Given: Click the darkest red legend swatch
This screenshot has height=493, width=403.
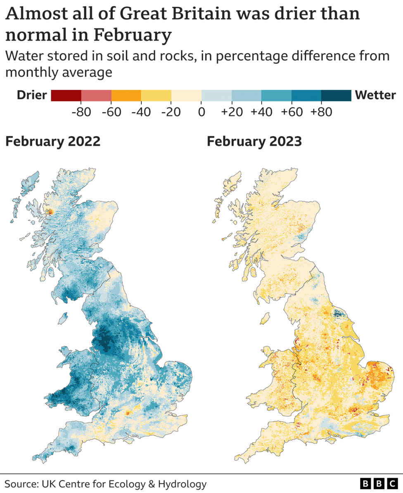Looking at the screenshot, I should (66, 95).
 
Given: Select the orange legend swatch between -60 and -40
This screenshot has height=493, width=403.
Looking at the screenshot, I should (126, 95).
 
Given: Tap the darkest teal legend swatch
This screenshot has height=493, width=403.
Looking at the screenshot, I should (336, 95).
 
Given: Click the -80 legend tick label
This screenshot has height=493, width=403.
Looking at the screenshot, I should (81, 112).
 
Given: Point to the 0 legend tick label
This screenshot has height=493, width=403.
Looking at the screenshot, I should (201, 112).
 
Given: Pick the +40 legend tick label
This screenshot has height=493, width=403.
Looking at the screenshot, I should (261, 112).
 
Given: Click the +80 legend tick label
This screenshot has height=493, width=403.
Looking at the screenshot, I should (321, 112).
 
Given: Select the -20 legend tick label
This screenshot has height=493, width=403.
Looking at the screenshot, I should (171, 112).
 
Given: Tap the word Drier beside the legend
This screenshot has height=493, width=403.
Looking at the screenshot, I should (32, 95).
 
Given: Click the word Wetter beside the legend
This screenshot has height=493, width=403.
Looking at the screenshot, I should (375, 95).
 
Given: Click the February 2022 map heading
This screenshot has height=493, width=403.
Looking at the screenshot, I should (53, 142).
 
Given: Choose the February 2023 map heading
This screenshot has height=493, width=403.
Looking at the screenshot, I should (254, 142).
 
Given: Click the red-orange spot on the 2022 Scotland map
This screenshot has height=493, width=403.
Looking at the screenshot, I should (50, 212).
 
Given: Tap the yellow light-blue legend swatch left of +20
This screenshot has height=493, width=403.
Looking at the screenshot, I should (216, 95).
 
